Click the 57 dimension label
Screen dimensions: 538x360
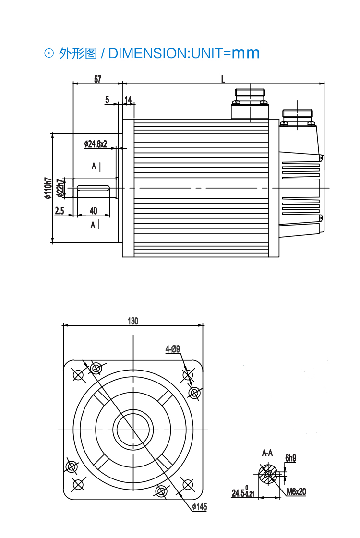pyautogui.click(x=97, y=79)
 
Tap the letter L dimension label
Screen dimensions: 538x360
pyautogui.click(x=223, y=79)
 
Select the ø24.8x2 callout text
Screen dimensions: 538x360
pyautogui.click(x=96, y=144)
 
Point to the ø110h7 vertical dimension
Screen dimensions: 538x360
pyautogui.click(x=47, y=188)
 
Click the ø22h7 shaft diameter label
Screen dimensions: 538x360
pyautogui.click(x=60, y=188)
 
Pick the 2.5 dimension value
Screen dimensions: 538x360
pyautogui.click(x=60, y=211)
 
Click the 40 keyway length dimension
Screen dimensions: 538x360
pyautogui.click(x=93, y=211)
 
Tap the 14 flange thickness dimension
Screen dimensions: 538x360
pyautogui.click(x=128, y=99)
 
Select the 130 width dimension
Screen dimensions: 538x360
pyautogui.click(x=133, y=321)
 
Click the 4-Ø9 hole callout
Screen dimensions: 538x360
pyautogui.click(x=173, y=349)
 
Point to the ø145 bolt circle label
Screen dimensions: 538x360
pyautogui.click(x=199, y=507)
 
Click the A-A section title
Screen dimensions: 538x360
pyautogui.click(x=267, y=453)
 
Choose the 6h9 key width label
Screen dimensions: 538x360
pyautogui.click(x=290, y=458)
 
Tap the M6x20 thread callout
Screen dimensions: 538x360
pyautogui.click(x=296, y=491)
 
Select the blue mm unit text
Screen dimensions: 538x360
pyautogui.click(x=246, y=53)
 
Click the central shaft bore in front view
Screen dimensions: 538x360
pyautogui.click(x=133, y=429)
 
